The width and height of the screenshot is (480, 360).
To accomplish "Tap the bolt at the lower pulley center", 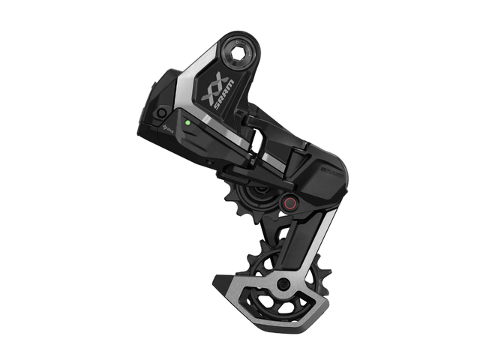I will pos(283,283).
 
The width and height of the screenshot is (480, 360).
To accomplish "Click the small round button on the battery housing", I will pos(159,112).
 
